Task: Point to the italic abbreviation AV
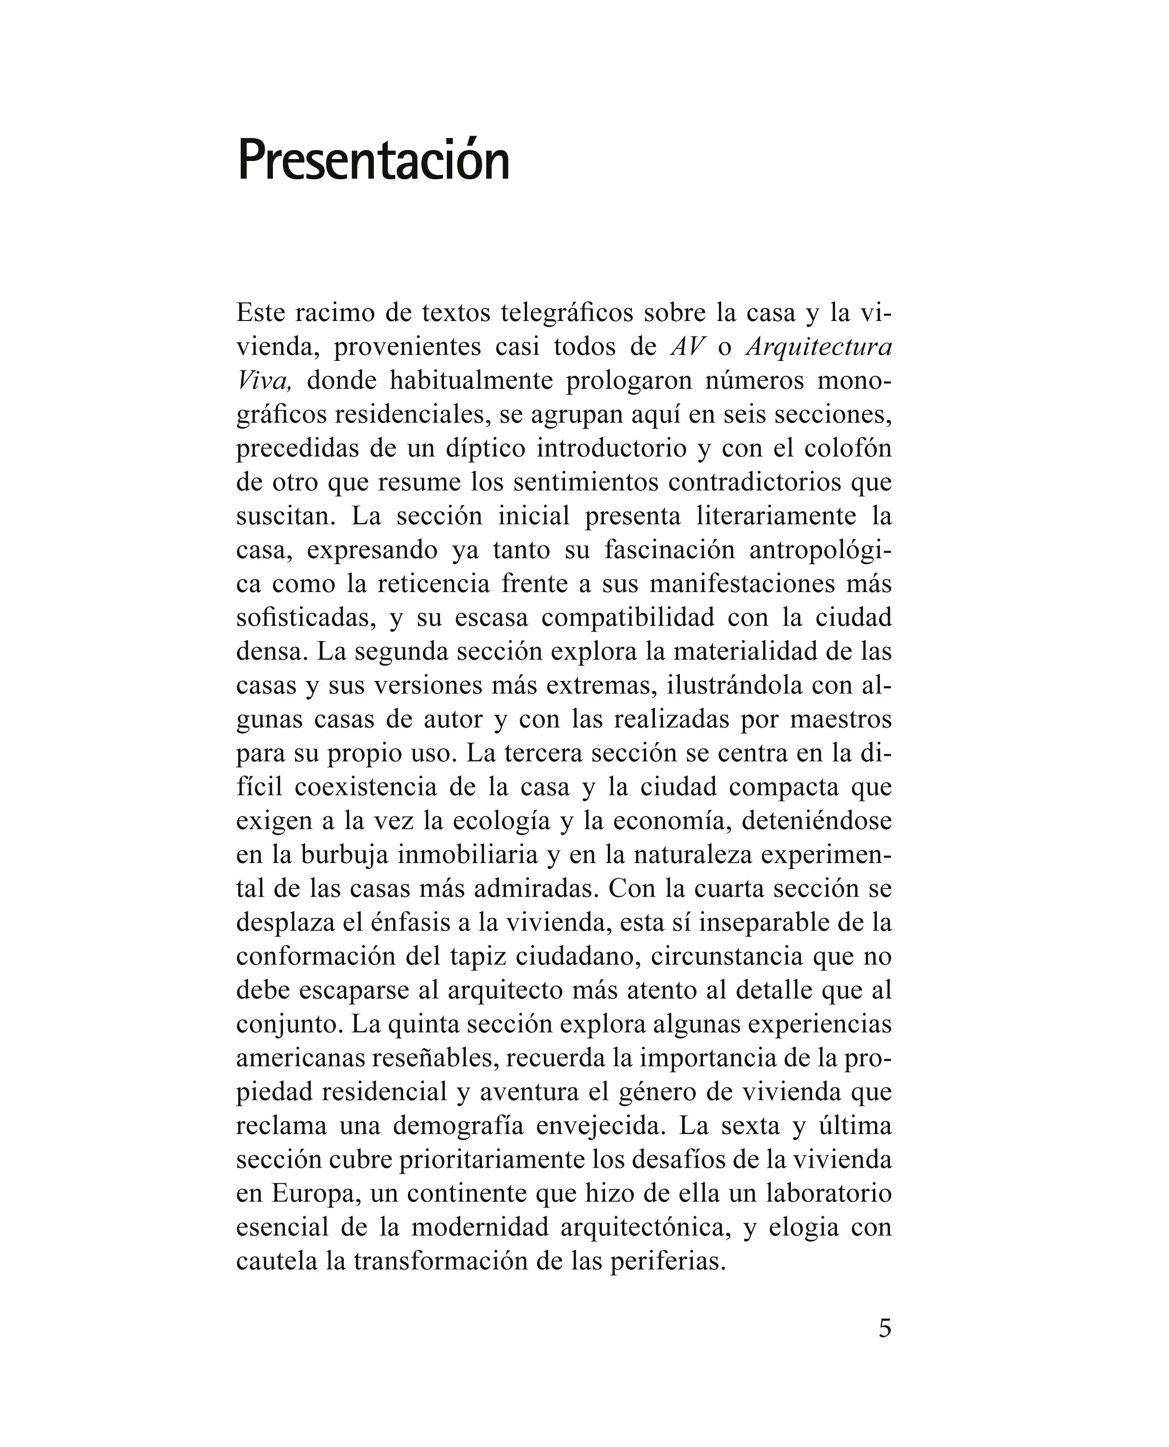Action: tap(688, 347)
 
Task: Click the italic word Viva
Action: tap(263, 381)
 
